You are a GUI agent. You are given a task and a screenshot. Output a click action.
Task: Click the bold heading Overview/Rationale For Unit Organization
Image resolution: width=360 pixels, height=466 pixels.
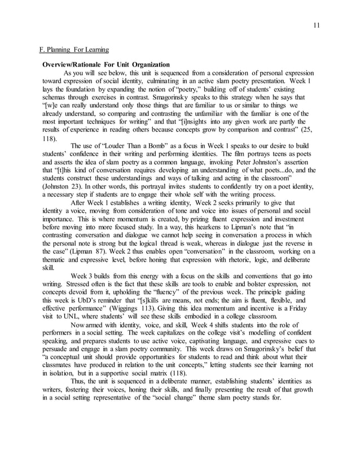pos(106,65)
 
